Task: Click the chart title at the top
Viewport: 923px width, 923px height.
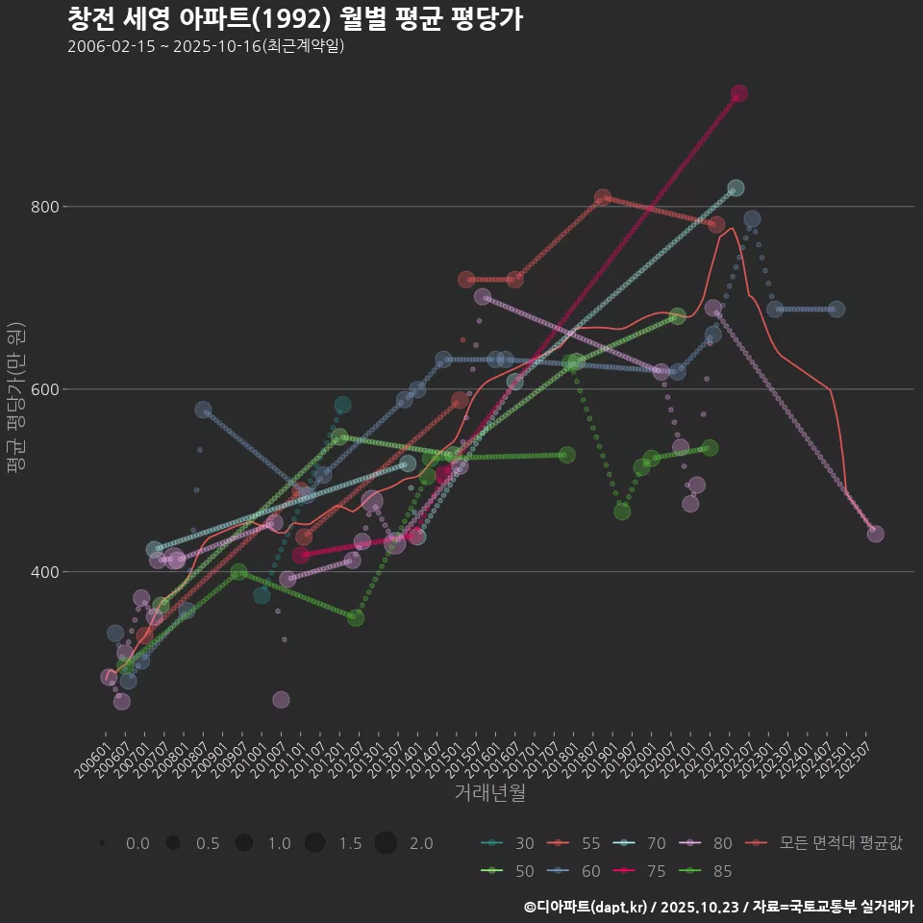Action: [295, 19]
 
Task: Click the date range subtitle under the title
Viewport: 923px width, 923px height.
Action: [206, 46]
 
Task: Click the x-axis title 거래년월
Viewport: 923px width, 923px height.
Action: [489, 793]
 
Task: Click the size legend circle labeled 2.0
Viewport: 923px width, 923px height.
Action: [386, 843]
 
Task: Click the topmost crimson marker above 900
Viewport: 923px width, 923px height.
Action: [739, 93]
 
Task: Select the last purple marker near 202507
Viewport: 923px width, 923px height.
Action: [875, 534]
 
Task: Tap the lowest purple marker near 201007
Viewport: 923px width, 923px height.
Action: [281, 700]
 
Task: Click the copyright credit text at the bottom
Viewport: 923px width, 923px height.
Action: [718, 907]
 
